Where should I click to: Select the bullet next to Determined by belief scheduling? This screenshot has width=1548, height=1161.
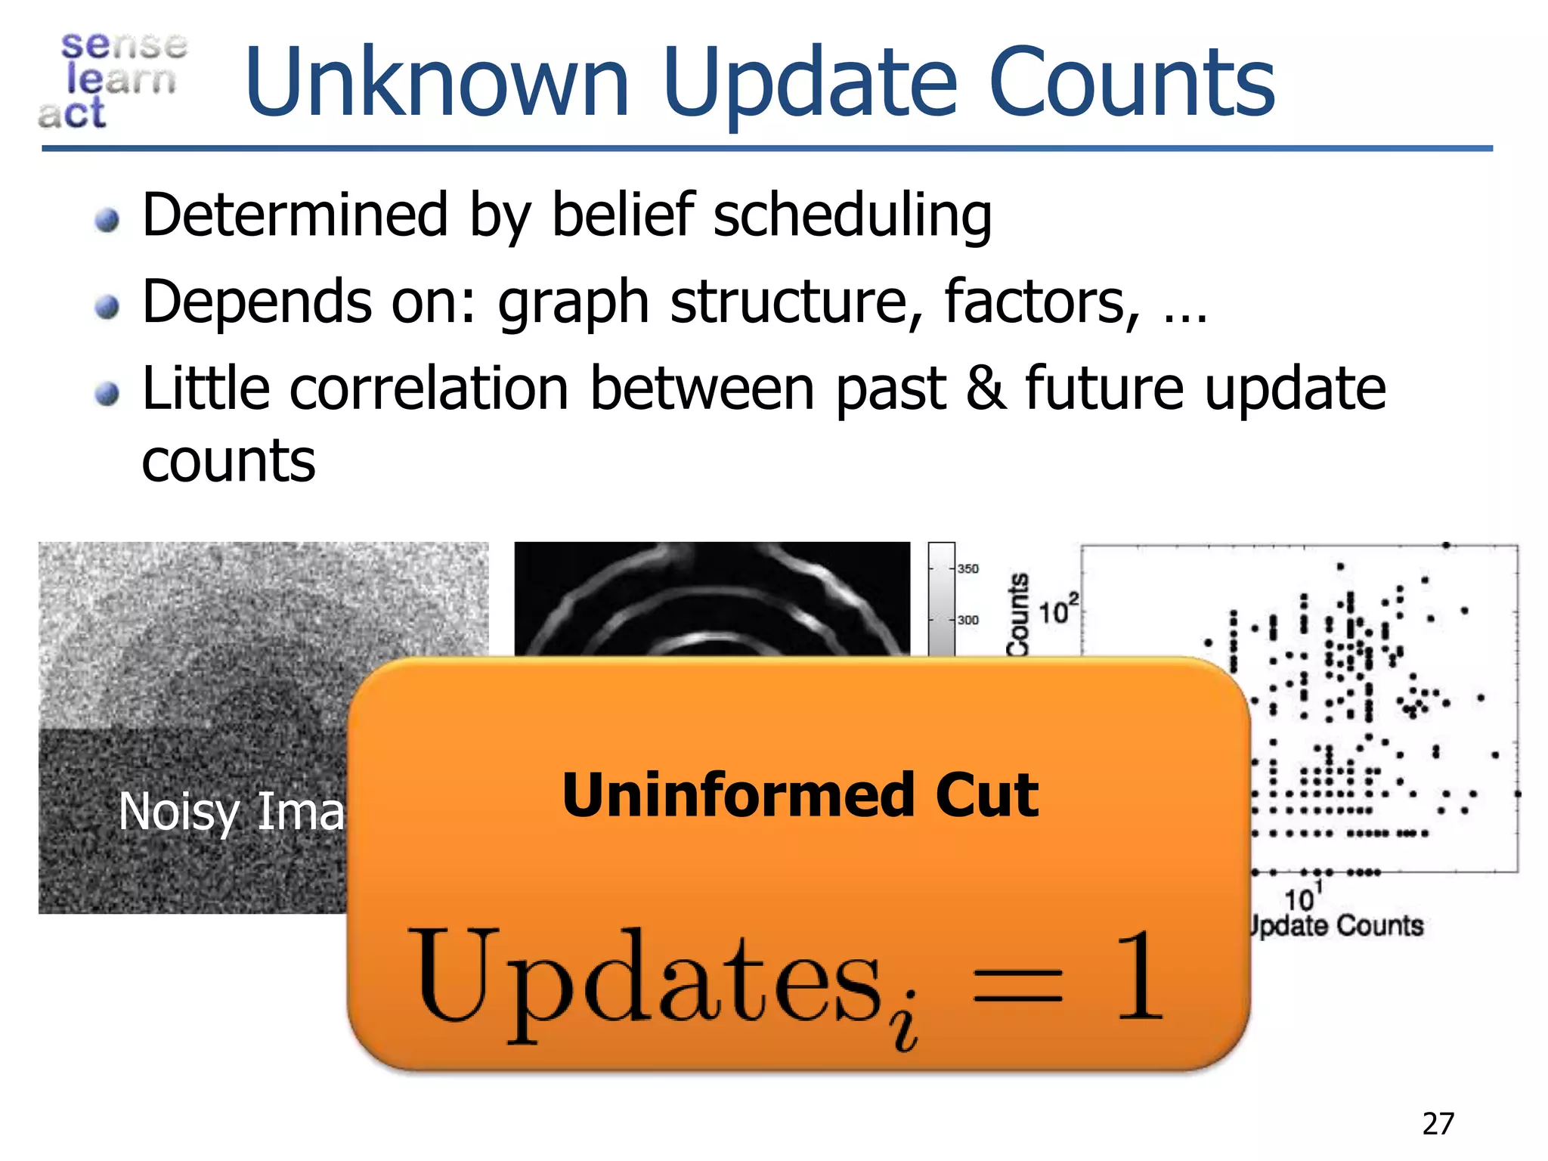[x=107, y=220]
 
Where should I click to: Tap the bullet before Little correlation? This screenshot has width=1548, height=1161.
[x=107, y=394]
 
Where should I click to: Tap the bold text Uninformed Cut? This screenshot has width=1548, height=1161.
[x=800, y=795]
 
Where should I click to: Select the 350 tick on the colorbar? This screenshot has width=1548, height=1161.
[x=968, y=568]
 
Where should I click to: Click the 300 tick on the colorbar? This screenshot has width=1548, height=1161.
[x=968, y=620]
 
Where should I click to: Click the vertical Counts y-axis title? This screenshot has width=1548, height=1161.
[x=1019, y=614]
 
